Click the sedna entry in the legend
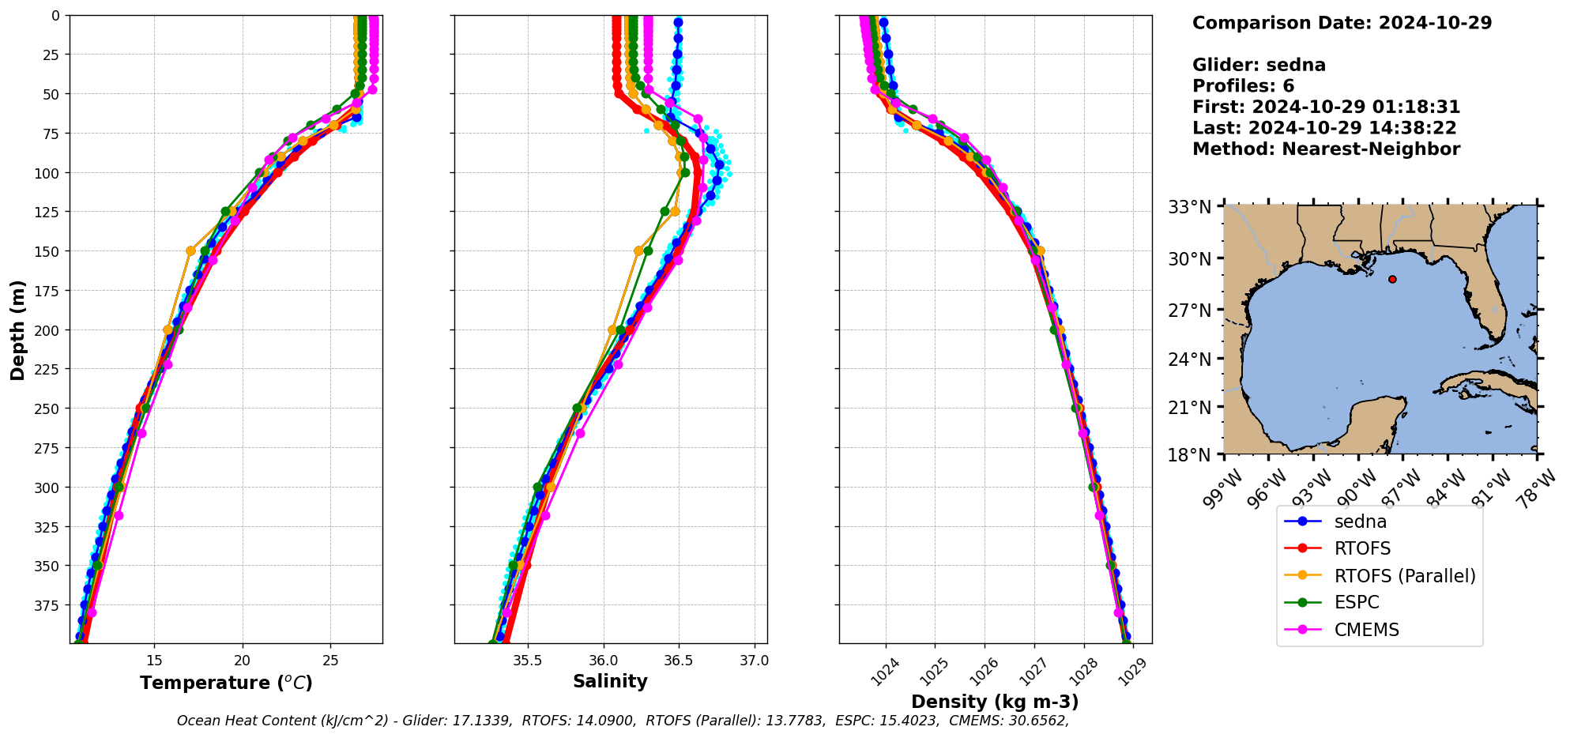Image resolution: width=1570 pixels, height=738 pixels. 1360,521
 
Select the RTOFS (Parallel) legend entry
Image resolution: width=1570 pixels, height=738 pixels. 1404,576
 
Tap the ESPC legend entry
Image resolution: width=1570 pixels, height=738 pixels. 1356,602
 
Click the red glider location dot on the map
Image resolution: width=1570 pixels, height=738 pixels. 1392,279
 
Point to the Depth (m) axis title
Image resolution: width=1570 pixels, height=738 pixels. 17,329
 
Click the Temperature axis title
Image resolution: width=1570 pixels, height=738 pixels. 226,683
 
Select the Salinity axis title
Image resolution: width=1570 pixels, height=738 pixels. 610,681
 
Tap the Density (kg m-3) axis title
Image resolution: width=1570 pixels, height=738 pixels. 995,702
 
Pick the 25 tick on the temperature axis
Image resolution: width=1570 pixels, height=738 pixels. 331,660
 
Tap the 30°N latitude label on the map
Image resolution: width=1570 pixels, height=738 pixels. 1190,259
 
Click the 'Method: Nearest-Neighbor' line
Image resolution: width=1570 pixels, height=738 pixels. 1326,149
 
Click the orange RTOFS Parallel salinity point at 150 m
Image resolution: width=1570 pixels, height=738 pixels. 638,250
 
